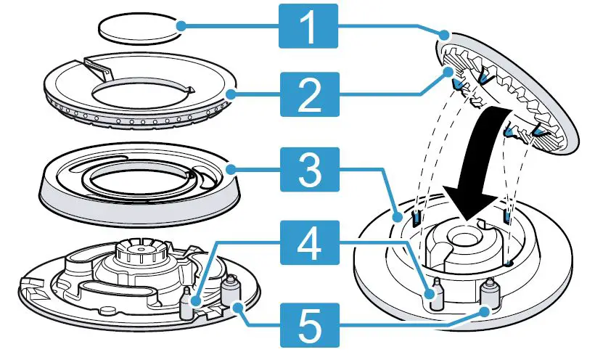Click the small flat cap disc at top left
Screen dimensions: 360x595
138,30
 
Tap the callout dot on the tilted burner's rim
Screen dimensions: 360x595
444,33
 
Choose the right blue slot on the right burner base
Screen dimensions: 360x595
507,217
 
